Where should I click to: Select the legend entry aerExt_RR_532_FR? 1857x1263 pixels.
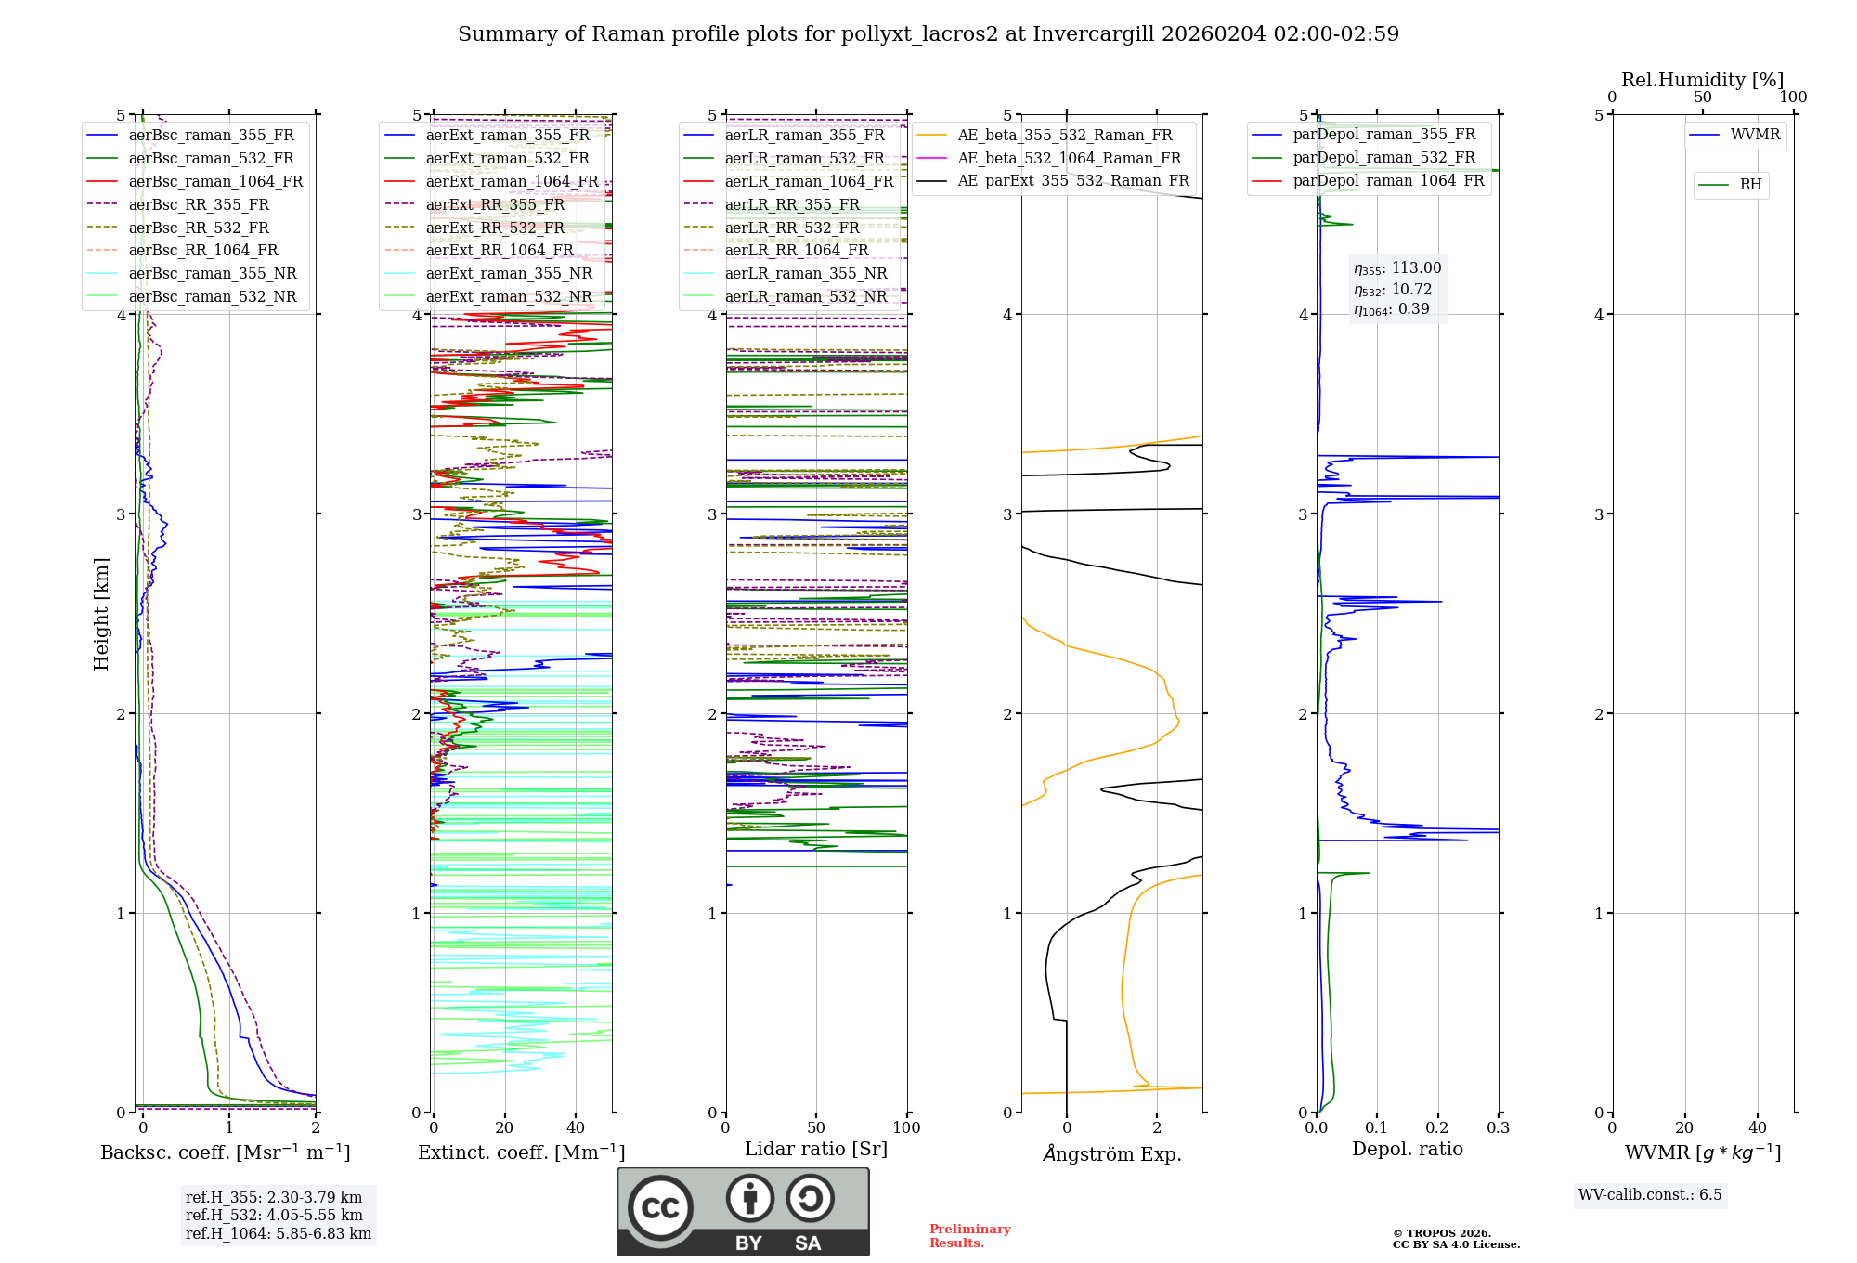point(495,228)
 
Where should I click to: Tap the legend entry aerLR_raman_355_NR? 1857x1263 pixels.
point(806,273)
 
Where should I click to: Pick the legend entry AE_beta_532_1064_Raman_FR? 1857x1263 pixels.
point(1069,158)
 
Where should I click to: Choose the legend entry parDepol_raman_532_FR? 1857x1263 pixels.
point(1383,158)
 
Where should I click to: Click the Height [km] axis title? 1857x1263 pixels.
point(101,614)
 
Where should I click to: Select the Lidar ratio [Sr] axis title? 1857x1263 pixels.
point(816,1149)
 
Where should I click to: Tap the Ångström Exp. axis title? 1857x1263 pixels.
point(1111,1153)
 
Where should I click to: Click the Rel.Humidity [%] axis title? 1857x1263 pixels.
point(1702,80)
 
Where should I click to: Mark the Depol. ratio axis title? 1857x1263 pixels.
point(1407,1149)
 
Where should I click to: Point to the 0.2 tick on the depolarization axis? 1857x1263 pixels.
point(1437,1127)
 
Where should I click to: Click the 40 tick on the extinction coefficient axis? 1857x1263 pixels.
point(576,1127)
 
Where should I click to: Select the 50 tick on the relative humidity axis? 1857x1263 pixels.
point(1702,97)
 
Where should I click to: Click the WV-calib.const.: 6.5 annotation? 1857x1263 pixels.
point(1650,1194)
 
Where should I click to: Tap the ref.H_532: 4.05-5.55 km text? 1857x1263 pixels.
point(274,1215)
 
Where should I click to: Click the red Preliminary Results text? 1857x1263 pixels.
point(969,1236)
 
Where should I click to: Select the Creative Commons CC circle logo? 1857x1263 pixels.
point(660,1207)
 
